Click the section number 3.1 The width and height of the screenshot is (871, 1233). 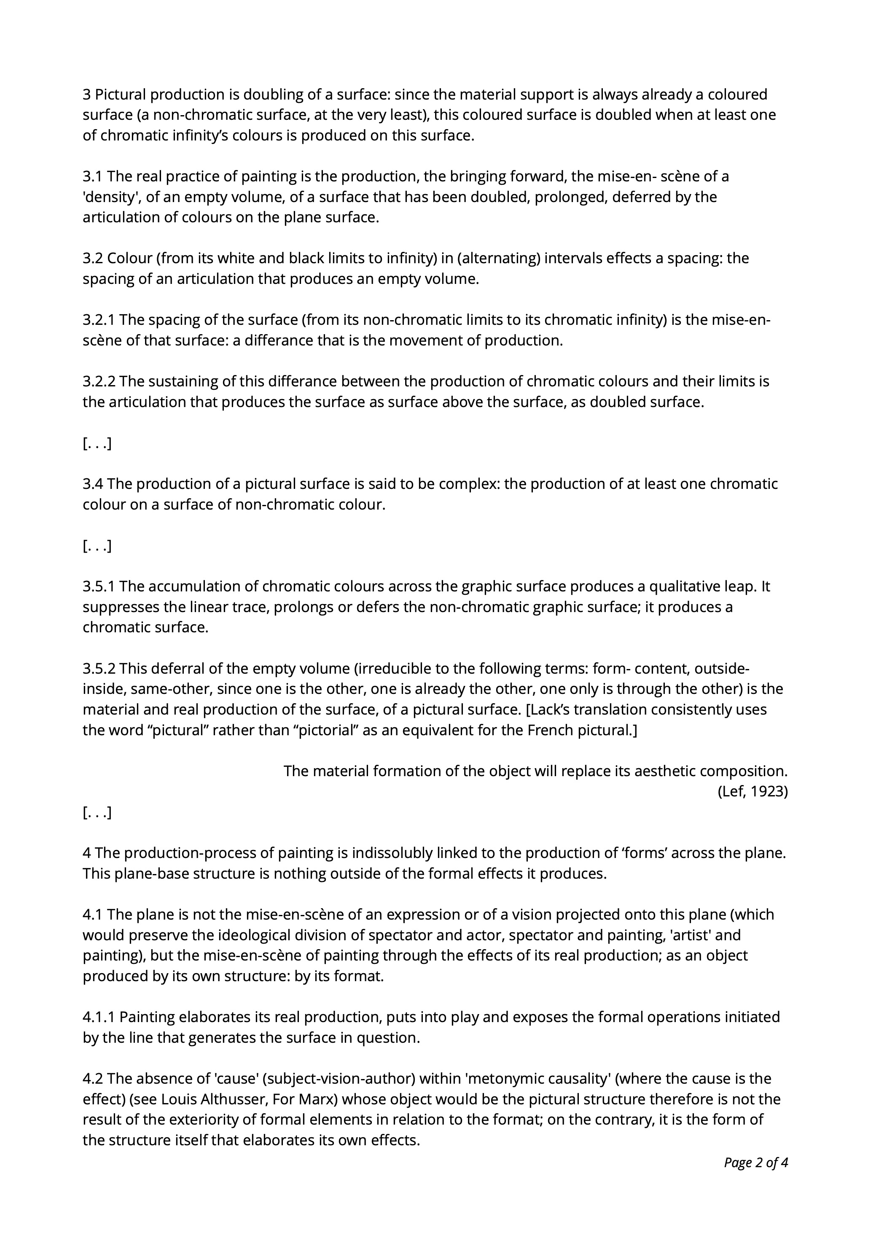point(93,176)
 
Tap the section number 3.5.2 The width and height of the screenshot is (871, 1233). point(99,669)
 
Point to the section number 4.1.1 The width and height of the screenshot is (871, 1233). point(99,1017)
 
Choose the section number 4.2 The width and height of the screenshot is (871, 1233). point(93,1079)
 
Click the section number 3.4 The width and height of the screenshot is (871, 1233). point(93,484)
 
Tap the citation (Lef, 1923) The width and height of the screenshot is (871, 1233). point(753,792)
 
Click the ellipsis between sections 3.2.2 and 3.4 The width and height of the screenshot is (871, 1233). point(97,444)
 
